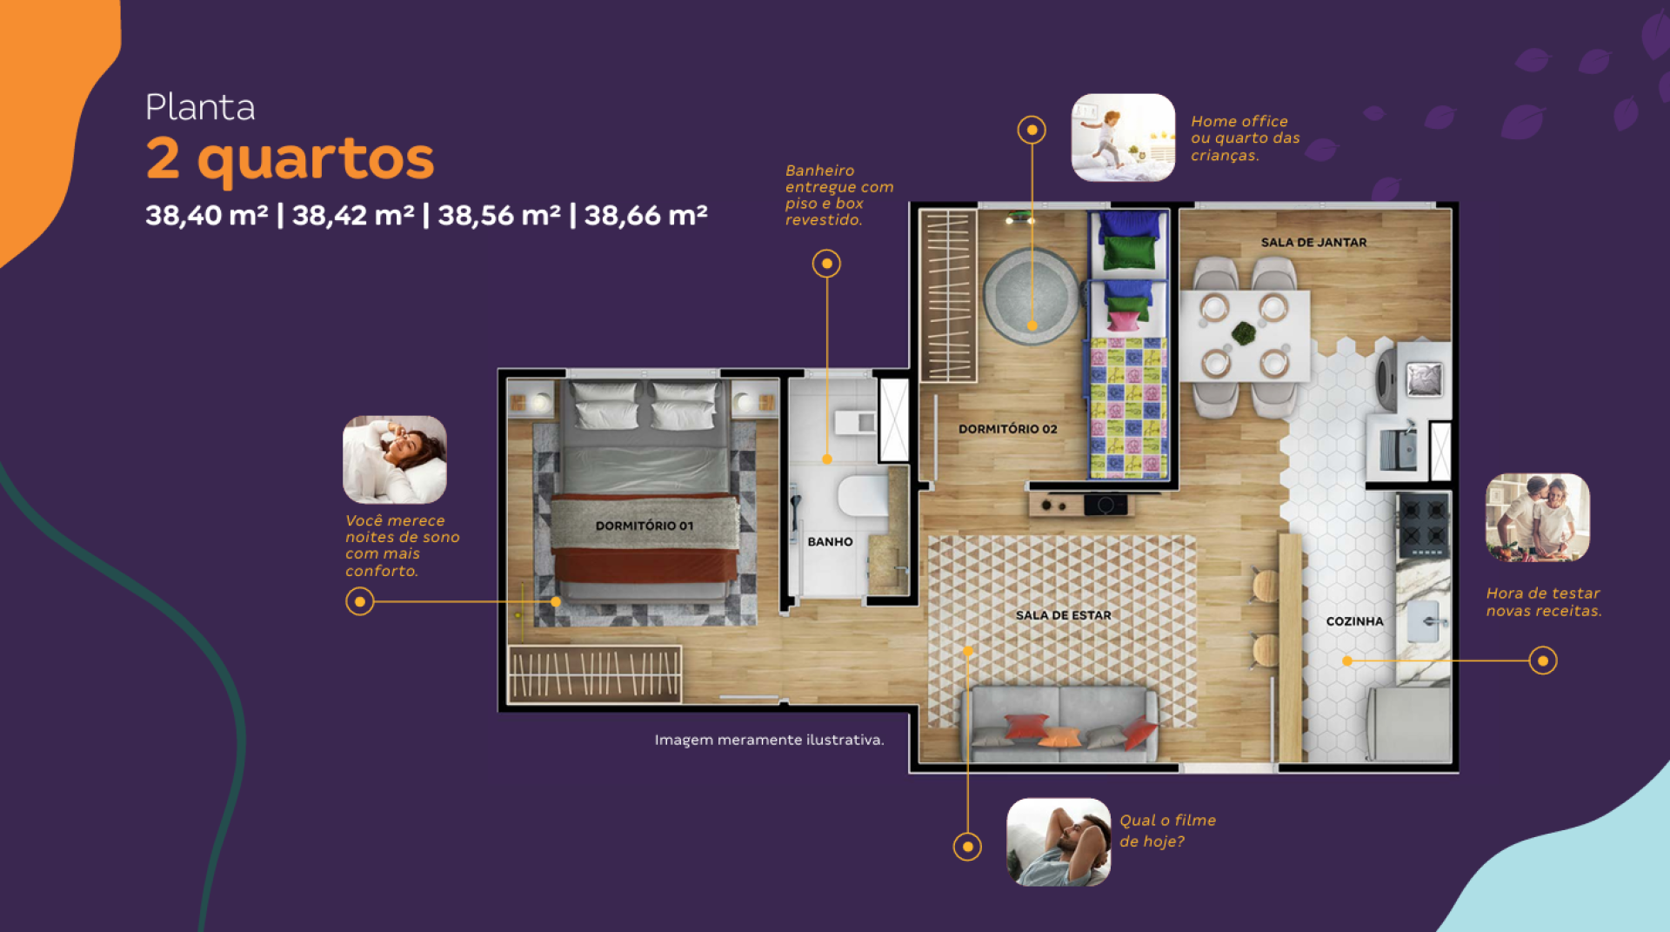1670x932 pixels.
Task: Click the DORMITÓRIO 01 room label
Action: click(645, 526)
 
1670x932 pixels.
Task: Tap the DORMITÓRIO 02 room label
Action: click(1008, 429)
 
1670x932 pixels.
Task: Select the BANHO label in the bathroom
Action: click(830, 541)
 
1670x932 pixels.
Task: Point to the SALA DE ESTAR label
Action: click(1064, 615)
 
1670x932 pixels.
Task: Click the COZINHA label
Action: click(1354, 621)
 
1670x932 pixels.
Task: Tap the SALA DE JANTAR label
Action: click(1313, 242)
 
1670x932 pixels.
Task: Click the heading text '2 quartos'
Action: click(290, 159)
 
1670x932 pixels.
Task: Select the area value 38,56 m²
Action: click(499, 215)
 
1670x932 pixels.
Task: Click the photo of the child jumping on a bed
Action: click(1123, 137)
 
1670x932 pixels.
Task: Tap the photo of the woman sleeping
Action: click(395, 459)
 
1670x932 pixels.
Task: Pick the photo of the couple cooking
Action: click(1538, 517)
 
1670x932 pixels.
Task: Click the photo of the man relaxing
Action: click(1059, 842)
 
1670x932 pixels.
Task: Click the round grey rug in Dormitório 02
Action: click(1032, 296)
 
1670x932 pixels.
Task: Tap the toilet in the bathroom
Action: click(863, 496)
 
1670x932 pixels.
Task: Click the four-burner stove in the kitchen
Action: click(1423, 526)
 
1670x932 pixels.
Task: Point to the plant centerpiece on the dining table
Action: click(1244, 333)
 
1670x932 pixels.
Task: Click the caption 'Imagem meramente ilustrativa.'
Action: click(769, 740)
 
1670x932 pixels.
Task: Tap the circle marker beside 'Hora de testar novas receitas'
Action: click(1542, 660)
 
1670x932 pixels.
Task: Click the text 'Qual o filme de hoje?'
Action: click(1167, 830)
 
